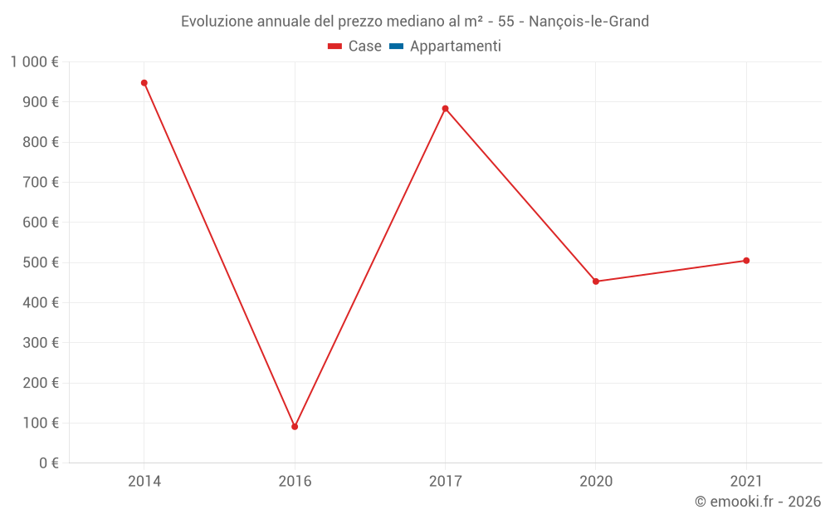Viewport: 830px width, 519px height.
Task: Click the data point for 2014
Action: click(144, 83)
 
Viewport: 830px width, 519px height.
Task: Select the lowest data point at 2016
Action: click(295, 427)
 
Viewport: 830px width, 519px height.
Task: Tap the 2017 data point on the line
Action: click(446, 109)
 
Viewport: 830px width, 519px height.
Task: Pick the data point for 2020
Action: click(596, 282)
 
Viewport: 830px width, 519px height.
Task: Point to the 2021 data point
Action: click(746, 261)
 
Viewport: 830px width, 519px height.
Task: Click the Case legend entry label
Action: click(364, 47)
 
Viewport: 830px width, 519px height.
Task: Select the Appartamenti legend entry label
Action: click(455, 47)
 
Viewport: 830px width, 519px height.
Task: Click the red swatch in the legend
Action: click(335, 47)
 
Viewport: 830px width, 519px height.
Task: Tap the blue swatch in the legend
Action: click(396, 47)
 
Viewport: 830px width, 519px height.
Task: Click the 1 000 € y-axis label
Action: click(34, 62)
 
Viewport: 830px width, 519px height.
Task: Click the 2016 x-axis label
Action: click(295, 482)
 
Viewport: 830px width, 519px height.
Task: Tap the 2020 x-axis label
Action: click(596, 482)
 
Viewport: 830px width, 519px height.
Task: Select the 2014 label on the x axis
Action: click(144, 482)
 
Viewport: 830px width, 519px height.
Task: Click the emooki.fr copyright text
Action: click(758, 502)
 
